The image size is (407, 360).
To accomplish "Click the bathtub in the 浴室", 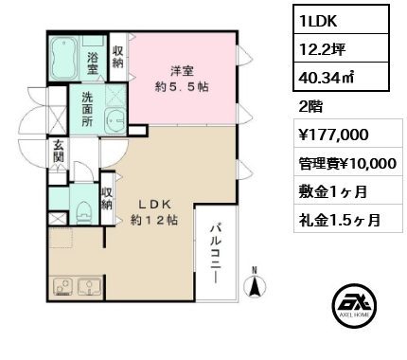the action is tap(64, 58).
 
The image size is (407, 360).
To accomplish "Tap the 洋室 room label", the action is tap(182, 71).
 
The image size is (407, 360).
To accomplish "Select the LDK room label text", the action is tap(154, 205).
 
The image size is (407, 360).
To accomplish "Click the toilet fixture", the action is tap(84, 212).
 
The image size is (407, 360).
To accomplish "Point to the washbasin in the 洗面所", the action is tap(115, 121).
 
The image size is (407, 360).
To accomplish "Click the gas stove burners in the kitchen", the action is tap(62, 287).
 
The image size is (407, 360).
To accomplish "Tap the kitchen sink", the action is tap(89, 287).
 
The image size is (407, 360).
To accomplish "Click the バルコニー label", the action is tap(216, 254).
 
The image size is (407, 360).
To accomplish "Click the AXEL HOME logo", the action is tap(354, 304).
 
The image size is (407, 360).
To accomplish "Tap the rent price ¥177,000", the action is tap(333, 135).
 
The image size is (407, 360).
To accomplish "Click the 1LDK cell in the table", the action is tap(341, 19).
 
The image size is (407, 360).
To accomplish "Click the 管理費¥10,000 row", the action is tap(348, 164).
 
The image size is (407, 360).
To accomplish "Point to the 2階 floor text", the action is tap(310, 107).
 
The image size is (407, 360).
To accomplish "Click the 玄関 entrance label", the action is tap(59, 151).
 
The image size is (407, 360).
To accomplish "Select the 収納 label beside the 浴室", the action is tap(118, 57).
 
